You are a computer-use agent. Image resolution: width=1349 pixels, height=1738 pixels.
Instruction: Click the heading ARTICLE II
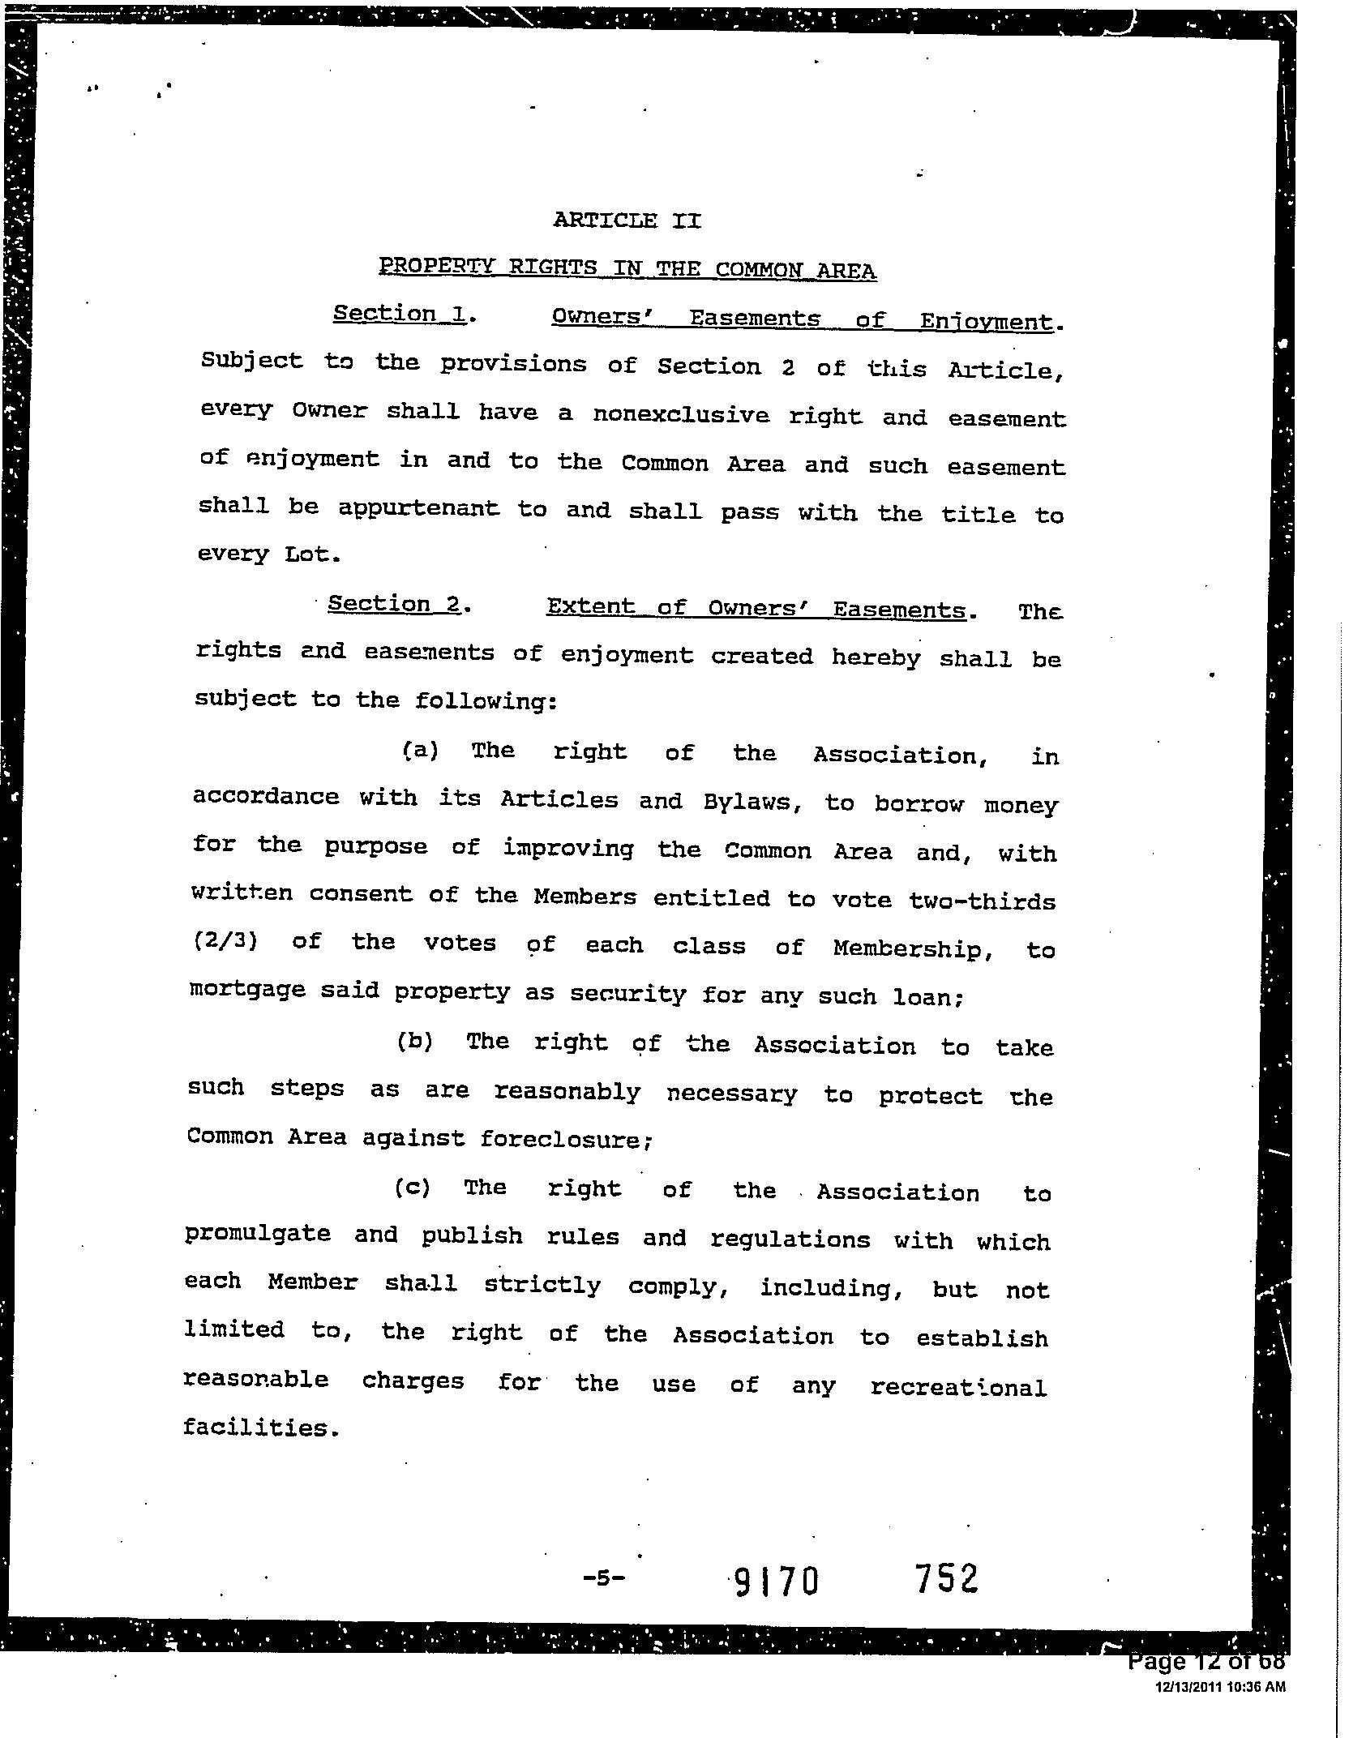627,220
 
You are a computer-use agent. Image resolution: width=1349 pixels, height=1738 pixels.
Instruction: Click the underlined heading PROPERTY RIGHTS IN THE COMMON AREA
627,268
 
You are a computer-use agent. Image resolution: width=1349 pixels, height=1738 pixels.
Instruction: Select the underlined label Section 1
399,314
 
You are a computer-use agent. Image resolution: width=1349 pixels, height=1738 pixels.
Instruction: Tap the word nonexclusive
680,414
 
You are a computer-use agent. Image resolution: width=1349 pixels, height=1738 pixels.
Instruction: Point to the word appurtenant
418,508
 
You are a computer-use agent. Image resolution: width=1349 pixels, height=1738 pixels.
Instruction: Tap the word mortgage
247,990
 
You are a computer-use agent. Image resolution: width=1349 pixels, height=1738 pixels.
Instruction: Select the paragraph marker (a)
421,750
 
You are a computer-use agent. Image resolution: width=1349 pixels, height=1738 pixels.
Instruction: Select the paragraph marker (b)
415,1041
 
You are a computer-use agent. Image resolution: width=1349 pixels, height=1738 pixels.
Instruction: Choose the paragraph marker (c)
413,1188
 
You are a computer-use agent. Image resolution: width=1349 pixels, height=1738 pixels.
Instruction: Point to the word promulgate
258,1234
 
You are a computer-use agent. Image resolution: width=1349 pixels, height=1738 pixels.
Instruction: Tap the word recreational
958,1387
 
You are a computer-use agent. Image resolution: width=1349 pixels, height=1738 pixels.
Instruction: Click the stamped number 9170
776,1581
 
